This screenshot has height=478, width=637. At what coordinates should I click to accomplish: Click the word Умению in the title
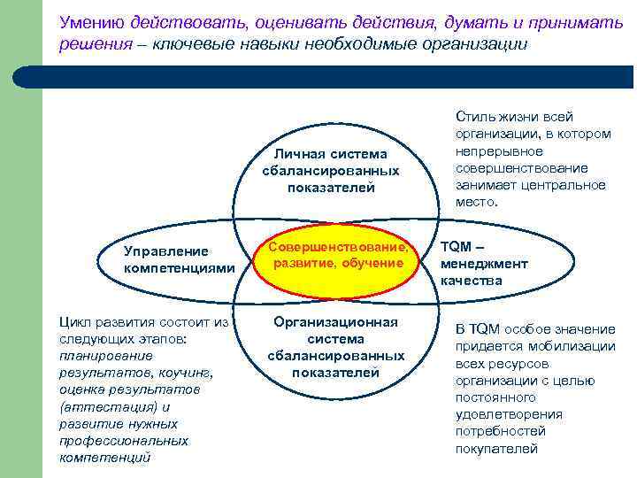[92, 19]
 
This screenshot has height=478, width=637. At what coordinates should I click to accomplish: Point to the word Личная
[300, 155]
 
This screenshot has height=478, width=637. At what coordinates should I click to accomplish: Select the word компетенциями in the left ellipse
[180, 267]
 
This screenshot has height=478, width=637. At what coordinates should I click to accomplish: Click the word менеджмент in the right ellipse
[484, 264]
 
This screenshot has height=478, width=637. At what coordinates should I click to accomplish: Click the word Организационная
[335, 322]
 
